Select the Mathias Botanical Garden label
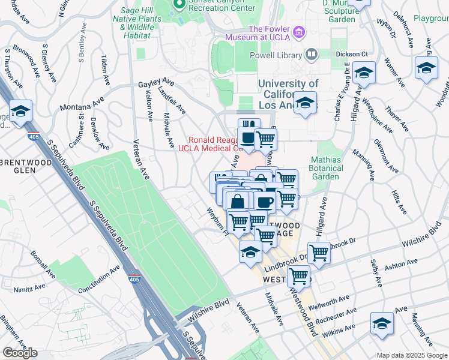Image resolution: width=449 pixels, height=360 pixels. point(327,168)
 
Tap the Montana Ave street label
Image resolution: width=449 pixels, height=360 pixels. point(81,106)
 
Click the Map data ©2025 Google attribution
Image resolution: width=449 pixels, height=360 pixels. point(411,355)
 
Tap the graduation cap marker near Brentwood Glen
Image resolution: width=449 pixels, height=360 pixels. point(20,112)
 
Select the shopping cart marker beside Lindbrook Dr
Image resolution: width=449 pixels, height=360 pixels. point(318,252)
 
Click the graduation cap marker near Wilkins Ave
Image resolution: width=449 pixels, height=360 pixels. point(382,324)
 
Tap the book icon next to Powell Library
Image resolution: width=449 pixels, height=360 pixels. point(312,55)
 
